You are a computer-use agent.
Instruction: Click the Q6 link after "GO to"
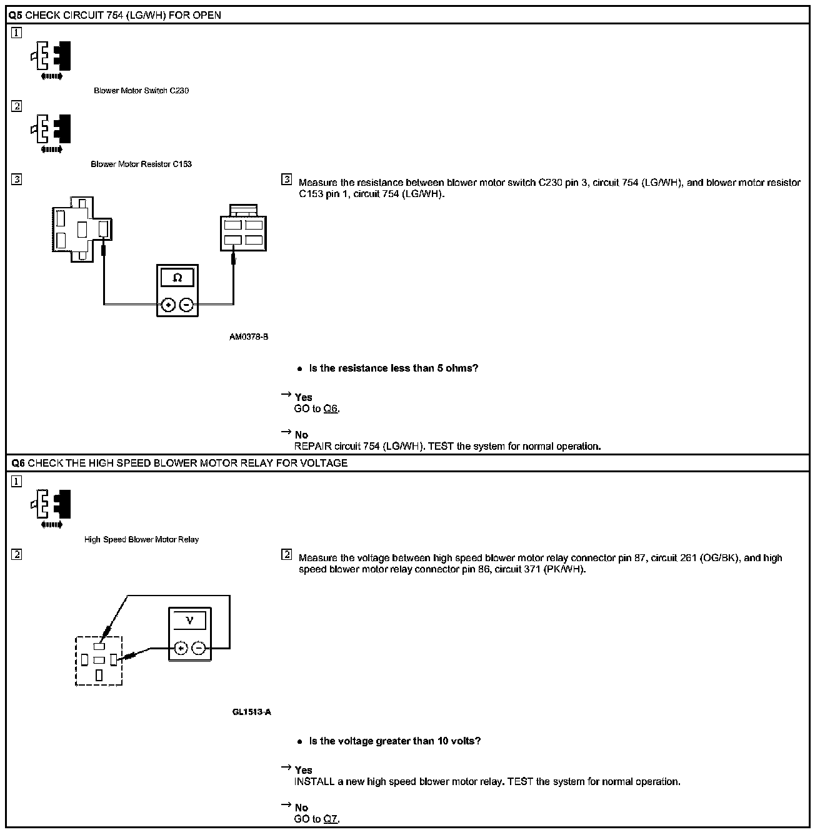click(331, 409)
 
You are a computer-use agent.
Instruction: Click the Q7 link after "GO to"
click(331, 819)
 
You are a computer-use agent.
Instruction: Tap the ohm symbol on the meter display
click(177, 278)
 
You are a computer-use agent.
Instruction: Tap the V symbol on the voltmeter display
click(190, 621)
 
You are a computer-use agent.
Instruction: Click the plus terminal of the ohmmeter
click(168, 305)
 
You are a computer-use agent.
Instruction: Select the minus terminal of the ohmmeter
click(186, 305)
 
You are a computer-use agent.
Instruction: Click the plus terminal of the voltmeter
click(181, 648)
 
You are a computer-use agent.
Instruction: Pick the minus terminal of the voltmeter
click(199, 648)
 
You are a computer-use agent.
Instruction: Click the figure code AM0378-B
click(249, 337)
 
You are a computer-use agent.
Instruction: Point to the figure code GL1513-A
click(251, 712)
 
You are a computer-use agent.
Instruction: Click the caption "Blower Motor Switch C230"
click(141, 91)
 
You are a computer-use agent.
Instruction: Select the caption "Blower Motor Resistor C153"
click(141, 165)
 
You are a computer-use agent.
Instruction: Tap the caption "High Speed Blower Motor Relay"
click(141, 539)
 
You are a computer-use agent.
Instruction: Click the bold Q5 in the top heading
click(17, 15)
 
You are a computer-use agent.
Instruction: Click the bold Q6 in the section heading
click(18, 463)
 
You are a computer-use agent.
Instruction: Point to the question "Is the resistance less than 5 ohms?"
click(393, 368)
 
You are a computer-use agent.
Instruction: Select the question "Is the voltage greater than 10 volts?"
click(394, 741)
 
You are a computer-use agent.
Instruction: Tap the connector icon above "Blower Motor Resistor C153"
click(51, 131)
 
